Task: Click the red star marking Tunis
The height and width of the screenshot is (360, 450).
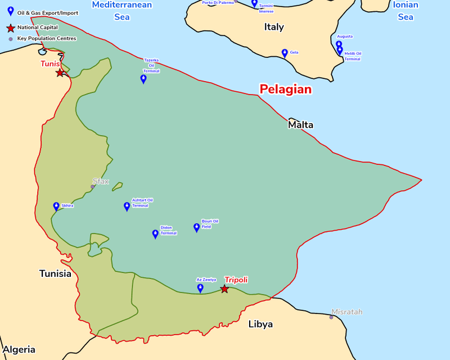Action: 60,73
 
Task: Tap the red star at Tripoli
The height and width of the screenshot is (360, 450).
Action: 224,289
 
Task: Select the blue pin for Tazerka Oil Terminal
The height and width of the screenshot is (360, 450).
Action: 143,79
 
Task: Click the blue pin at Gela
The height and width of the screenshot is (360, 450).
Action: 285,53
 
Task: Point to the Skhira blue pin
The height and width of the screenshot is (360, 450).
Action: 56,206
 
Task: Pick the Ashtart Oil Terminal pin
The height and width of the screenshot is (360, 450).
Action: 127,206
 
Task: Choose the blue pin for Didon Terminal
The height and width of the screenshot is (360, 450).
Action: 155,234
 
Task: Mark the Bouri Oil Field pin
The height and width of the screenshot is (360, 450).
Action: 196,227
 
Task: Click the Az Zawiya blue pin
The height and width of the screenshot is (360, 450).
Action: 200,288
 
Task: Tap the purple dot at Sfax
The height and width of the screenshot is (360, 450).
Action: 93,187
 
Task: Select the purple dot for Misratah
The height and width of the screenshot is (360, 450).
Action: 331,317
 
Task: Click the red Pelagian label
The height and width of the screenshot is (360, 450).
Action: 285,89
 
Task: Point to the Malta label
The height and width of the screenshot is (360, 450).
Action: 300,125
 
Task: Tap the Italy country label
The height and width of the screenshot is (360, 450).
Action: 274,27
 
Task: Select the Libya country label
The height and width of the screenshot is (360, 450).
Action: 260,324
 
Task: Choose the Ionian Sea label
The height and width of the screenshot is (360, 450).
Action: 406,11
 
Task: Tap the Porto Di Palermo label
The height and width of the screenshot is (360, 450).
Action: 218,3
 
